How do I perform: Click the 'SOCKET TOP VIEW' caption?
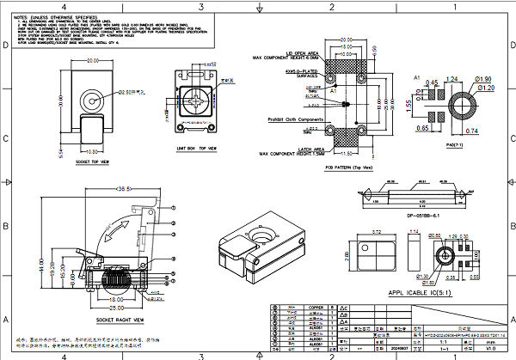point(93,162)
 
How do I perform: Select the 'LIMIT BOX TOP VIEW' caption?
point(197,148)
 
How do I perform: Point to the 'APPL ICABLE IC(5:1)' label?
point(419,292)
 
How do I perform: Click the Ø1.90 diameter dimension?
point(484,79)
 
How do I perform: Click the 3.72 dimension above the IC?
point(377,232)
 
